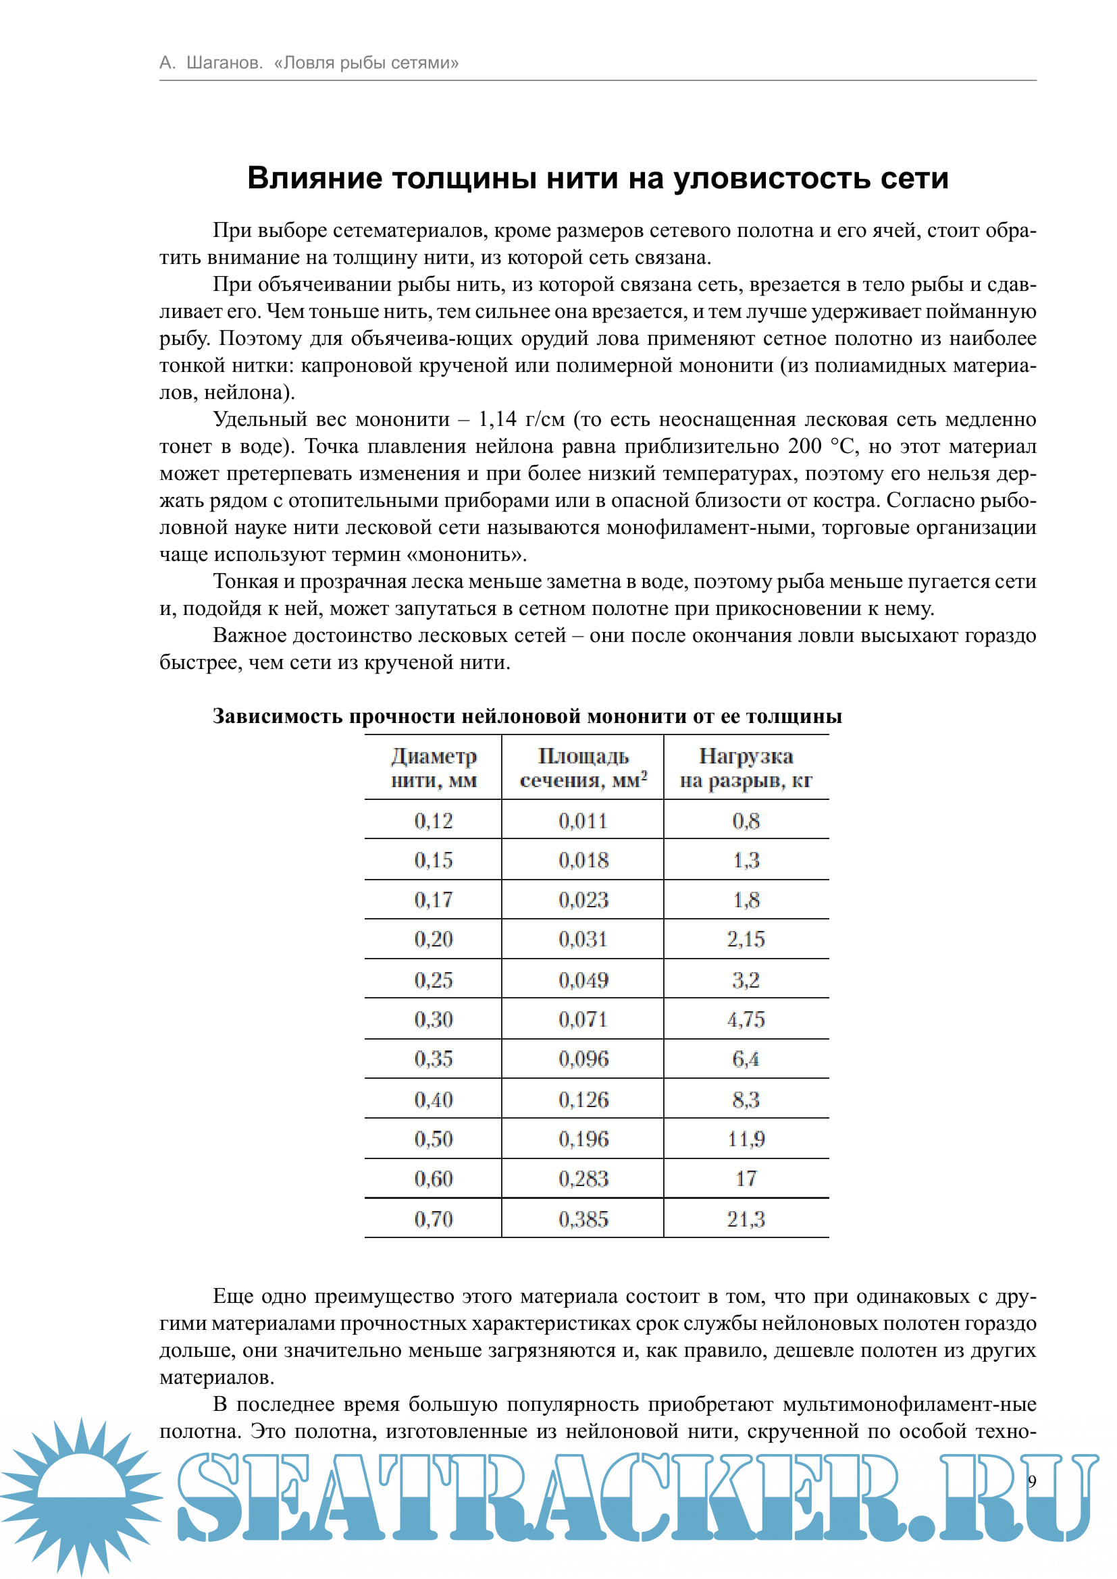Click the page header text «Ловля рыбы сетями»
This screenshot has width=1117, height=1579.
(x=366, y=63)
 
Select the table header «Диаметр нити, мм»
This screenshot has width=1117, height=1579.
(x=434, y=768)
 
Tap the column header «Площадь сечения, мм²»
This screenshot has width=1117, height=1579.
(x=583, y=768)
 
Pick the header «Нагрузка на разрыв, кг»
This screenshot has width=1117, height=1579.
(x=746, y=768)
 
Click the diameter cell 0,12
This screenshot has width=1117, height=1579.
(x=434, y=820)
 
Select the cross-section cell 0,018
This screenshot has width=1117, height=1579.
(x=583, y=860)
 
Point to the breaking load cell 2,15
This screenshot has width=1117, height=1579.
(x=746, y=940)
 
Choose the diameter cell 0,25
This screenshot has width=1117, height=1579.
(x=434, y=980)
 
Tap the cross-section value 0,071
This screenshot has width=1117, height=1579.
(x=583, y=1019)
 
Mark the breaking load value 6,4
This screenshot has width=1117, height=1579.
(x=746, y=1059)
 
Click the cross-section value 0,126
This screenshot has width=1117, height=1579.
(x=583, y=1100)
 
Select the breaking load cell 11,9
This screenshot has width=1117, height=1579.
(x=746, y=1139)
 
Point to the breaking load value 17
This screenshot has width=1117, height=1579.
(x=746, y=1179)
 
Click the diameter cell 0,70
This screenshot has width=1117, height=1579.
(x=434, y=1219)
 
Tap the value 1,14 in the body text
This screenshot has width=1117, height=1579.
(x=496, y=419)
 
